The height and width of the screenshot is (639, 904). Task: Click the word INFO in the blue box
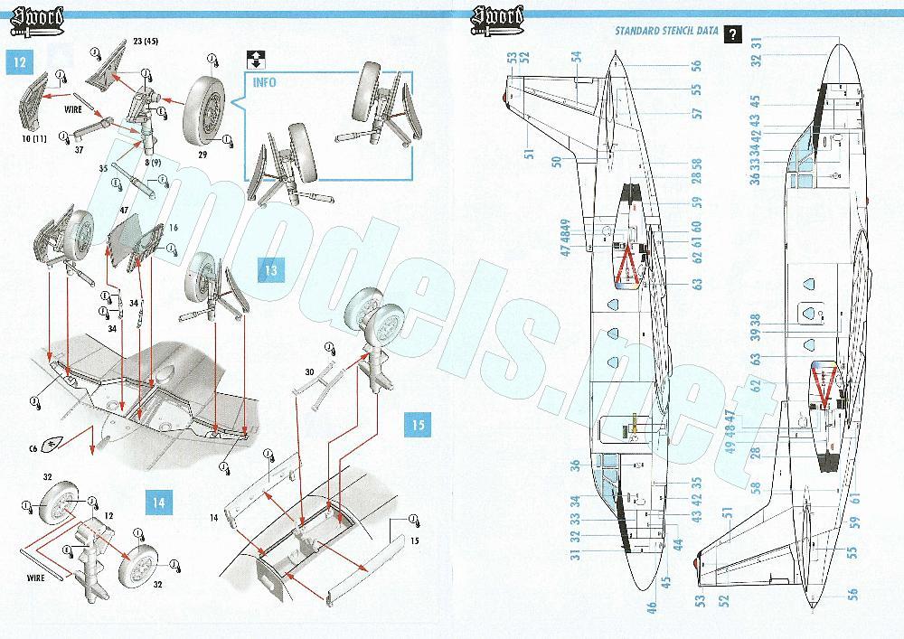click(266, 82)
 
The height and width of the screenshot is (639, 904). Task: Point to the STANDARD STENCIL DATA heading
click(666, 32)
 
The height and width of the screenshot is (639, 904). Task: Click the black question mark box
click(732, 35)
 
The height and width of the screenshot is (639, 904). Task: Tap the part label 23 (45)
click(146, 41)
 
